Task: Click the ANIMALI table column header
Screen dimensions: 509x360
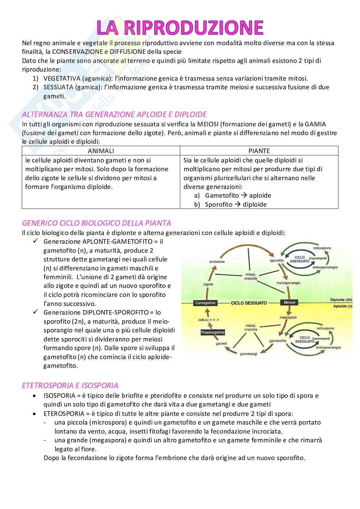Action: click(x=101, y=151)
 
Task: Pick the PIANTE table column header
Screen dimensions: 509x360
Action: click(x=259, y=151)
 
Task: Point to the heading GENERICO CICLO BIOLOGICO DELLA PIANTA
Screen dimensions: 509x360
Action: click(x=96, y=223)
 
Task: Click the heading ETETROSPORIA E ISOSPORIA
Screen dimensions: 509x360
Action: click(x=70, y=386)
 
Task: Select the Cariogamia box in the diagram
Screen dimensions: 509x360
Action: click(x=205, y=303)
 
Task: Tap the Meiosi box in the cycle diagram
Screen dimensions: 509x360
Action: click(x=289, y=302)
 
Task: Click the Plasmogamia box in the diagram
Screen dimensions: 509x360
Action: click(x=213, y=332)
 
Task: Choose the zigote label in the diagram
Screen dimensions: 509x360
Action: click(x=208, y=284)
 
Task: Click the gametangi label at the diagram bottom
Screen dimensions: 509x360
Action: click(x=248, y=354)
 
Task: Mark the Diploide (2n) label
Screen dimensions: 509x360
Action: click(x=341, y=299)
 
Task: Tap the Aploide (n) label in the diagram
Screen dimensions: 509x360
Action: click(x=342, y=306)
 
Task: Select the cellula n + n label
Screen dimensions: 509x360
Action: click(x=208, y=320)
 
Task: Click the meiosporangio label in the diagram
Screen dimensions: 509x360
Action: click(x=288, y=283)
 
